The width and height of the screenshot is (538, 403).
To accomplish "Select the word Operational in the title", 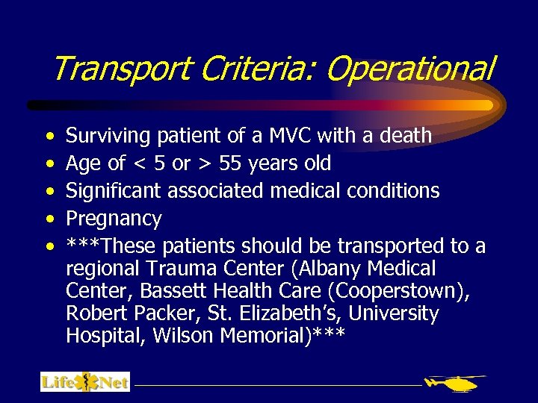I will [409, 69].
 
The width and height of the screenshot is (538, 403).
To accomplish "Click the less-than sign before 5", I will [138, 164].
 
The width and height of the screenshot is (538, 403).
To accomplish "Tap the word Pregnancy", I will [114, 219].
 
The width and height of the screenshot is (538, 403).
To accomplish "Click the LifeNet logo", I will [85, 382].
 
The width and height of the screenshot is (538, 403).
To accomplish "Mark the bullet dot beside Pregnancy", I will [49, 219].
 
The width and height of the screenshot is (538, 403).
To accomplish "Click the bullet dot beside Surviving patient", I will [49, 137].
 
